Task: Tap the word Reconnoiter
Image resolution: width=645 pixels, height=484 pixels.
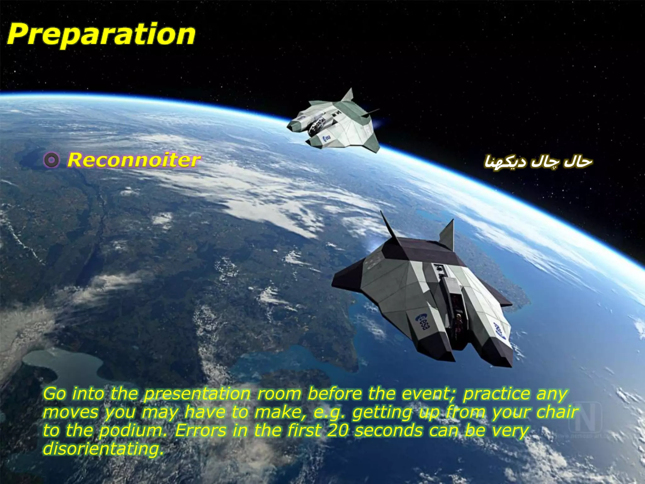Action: (134, 160)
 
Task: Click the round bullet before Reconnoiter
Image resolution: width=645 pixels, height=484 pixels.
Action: (51, 160)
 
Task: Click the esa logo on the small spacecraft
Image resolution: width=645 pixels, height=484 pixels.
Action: (327, 138)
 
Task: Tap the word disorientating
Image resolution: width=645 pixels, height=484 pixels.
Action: (103, 449)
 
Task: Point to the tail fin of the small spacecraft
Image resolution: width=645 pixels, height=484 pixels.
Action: (348, 95)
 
